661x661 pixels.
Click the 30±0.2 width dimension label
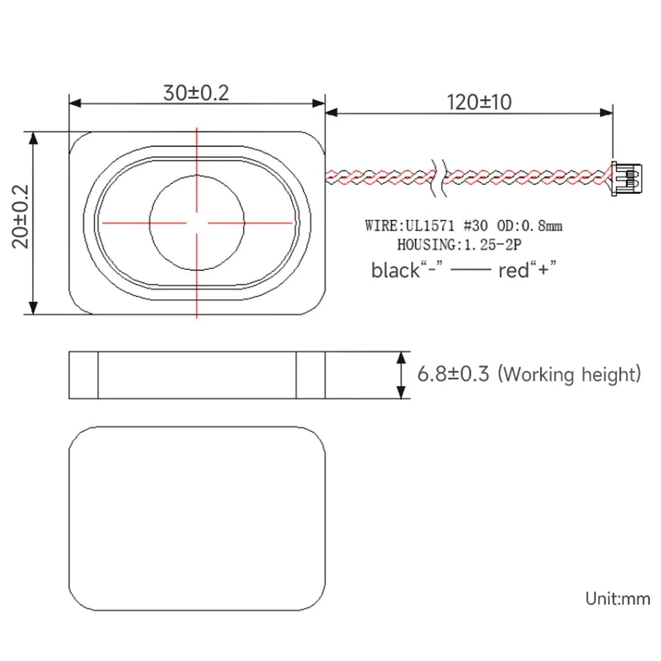(x=196, y=93)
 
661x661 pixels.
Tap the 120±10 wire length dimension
(x=479, y=102)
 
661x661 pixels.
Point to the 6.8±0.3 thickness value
(x=453, y=374)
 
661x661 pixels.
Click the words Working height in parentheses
(x=570, y=375)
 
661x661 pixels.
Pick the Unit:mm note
(x=617, y=599)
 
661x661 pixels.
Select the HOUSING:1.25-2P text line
(x=459, y=245)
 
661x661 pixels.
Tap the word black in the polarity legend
(x=395, y=270)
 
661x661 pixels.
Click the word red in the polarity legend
(x=513, y=270)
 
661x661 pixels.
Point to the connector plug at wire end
(x=627, y=177)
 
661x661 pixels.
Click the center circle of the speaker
(x=197, y=223)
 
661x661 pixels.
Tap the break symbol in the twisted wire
(x=439, y=177)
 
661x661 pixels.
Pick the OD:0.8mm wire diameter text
(x=529, y=226)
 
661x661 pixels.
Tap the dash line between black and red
(x=470, y=270)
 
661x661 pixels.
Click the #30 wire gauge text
(x=475, y=226)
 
